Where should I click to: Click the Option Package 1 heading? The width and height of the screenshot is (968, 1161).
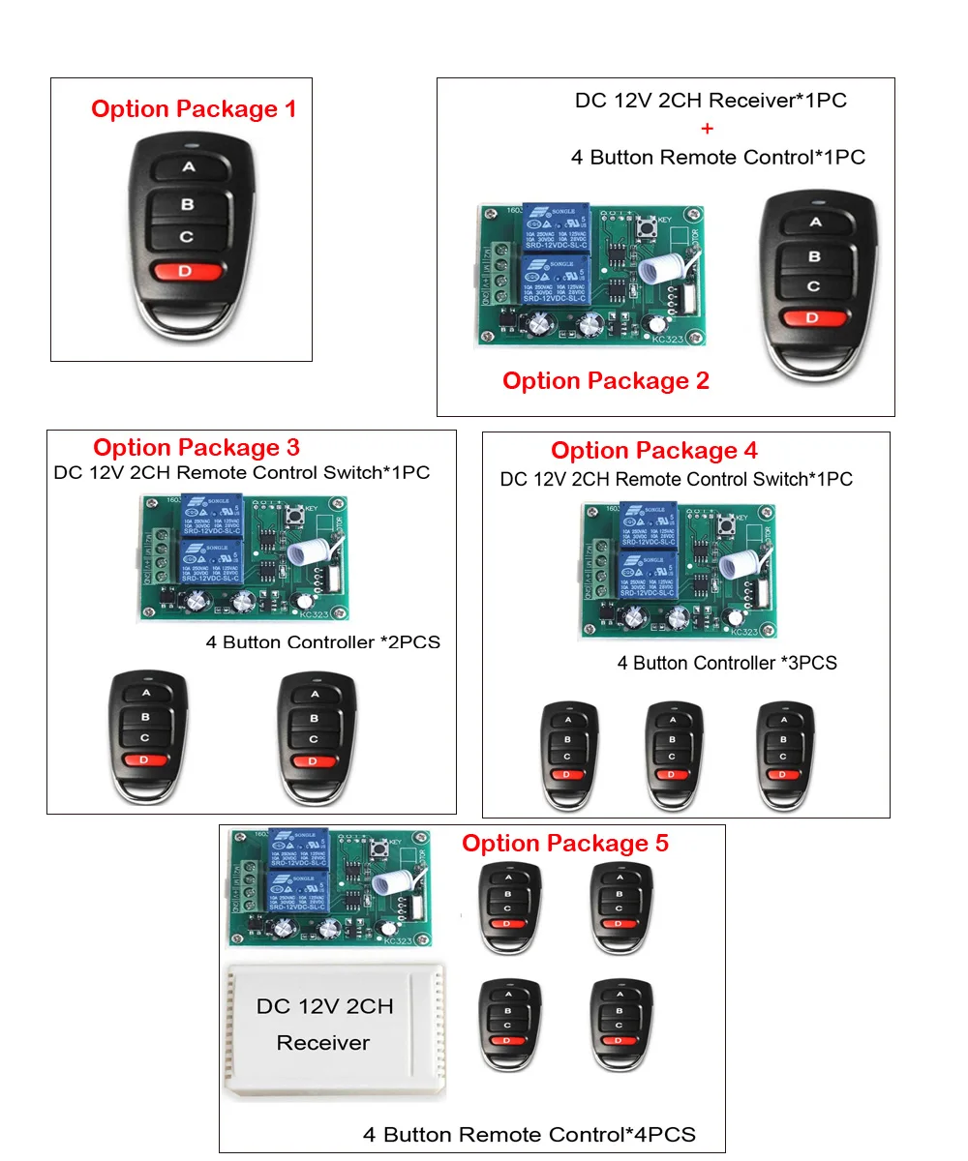pos(194,109)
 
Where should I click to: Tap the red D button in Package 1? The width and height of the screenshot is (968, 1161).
pos(185,272)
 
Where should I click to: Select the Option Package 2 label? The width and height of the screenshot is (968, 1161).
pos(606,381)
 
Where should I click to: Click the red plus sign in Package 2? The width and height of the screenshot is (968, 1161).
pos(708,129)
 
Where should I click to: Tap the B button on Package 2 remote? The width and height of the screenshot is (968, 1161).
pos(814,256)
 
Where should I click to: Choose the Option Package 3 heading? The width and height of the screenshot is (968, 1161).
pos(197,448)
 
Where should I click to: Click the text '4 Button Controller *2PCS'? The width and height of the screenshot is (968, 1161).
pos(323,642)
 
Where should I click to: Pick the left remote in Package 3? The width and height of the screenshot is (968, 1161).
pos(146,737)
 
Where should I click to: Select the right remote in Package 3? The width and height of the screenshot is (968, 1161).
pos(313,737)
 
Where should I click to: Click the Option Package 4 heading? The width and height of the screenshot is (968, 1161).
pos(654,451)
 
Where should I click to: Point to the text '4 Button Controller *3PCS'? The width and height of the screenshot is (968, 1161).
pos(727,664)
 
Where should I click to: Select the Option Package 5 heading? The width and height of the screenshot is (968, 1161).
pos(565,844)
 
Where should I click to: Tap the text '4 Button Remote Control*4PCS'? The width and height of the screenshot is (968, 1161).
pos(529,1134)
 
